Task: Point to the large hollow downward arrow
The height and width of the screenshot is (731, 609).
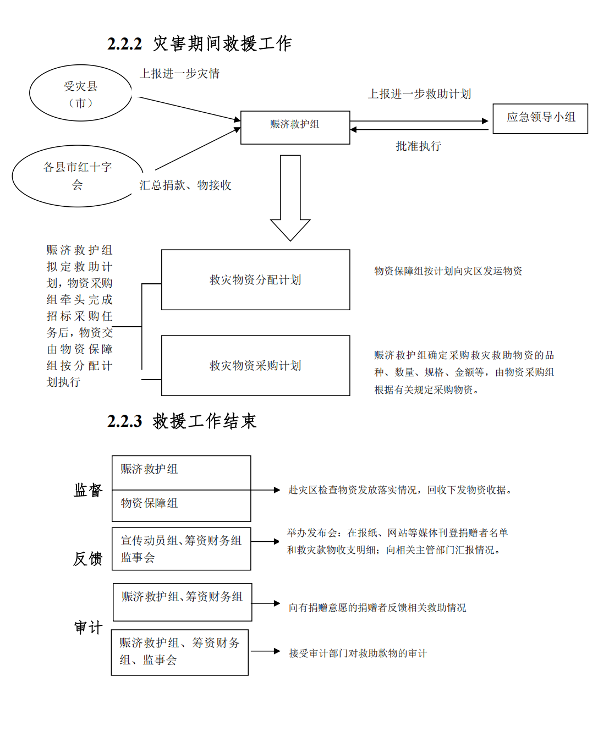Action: click(x=290, y=198)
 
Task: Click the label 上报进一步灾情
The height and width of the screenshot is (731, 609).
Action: click(x=180, y=74)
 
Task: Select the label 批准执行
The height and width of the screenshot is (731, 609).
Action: click(x=418, y=146)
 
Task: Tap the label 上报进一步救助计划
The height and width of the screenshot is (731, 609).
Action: click(x=419, y=94)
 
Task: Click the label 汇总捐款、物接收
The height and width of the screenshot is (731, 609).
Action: click(x=185, y=185)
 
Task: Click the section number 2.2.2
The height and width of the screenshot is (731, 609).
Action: click(x=124, y=44)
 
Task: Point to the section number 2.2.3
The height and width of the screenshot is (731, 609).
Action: click(x=124, y=421)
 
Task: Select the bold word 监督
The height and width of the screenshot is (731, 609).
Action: click(x=88, y=490)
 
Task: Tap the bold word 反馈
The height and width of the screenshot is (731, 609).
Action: click(x=88, y=558)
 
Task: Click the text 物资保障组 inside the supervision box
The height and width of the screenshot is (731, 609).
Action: click(x=149, y=503)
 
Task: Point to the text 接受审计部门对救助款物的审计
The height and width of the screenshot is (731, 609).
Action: click(x=358, y=653)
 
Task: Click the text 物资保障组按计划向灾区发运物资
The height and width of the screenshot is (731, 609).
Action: click(x=448, y=271)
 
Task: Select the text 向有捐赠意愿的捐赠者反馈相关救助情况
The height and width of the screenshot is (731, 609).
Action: click(x=377, y=607)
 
